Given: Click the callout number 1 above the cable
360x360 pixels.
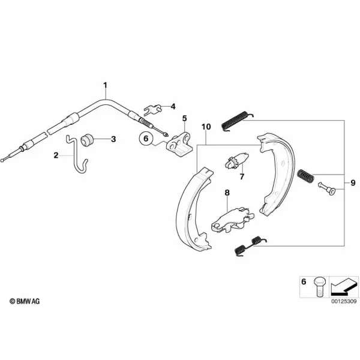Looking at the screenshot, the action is pos(105,85).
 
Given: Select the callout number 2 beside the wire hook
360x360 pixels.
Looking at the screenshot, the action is pos(56,155).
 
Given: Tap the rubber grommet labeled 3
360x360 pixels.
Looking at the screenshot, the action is pos(87,140).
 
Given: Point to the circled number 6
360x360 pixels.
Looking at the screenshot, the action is pos(146,139).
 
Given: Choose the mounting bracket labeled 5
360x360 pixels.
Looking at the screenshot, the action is pos(179,143).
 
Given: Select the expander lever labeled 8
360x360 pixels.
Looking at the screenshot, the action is pos(232,221).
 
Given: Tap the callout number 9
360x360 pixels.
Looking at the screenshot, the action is pos(353,183).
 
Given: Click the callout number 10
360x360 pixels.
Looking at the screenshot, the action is pos(206,127).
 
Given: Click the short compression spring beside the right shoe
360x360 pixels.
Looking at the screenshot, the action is pos(305,176).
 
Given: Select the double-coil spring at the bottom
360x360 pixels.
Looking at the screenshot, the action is pos(251,246).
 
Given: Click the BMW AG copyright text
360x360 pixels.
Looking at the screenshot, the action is pos(25,301).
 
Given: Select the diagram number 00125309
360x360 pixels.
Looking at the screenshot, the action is pos(344,301).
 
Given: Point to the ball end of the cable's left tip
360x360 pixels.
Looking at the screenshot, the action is pos(2,160).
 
